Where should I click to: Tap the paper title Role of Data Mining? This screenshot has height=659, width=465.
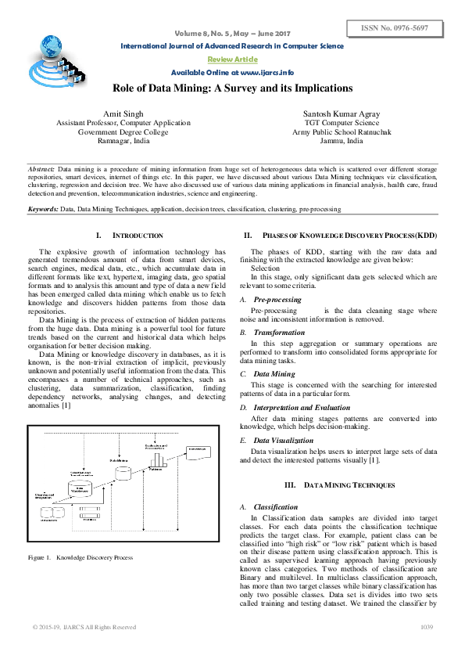click(233, 88)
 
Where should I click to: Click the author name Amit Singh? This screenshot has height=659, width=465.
click(123, 114)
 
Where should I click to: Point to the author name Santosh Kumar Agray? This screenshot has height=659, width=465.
click(342, 114)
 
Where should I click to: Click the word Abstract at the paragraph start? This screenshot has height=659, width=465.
click(41, 168)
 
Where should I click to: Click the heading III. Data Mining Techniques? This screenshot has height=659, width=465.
click(339, 485)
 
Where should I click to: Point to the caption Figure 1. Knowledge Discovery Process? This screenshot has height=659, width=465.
click(80, 557)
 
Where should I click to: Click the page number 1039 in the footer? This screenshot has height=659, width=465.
click(427, 627)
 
